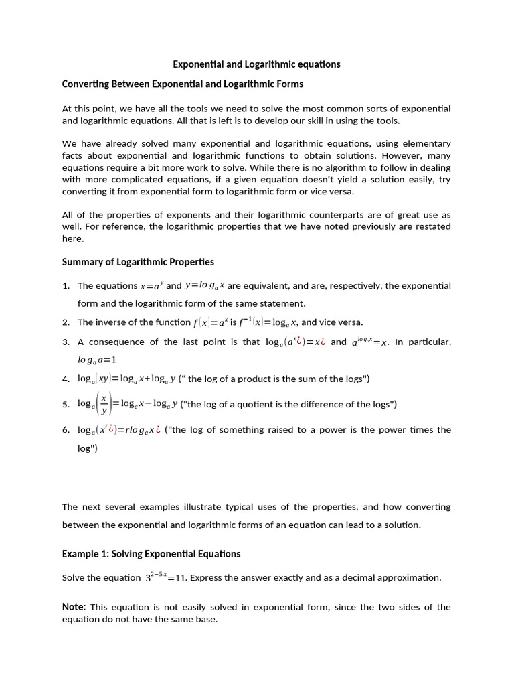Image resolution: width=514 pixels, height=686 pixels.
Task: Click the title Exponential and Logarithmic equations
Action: [x=256, y=64]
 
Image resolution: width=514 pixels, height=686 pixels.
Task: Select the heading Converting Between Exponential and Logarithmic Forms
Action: [x=182, y=84]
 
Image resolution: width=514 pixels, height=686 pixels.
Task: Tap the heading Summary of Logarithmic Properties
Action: [x=138, y=261]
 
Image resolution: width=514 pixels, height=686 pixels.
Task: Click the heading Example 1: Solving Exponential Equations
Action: [x=151, y=554]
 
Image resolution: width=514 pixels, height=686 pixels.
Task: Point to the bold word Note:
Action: [x=74, y=607]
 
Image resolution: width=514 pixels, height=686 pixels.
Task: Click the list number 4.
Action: [x=66, y=379]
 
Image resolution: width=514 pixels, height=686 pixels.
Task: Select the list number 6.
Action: [x=66, y=430]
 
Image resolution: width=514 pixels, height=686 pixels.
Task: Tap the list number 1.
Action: [x=66, y=286]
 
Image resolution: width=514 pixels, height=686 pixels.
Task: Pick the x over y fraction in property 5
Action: [x=103, y=404]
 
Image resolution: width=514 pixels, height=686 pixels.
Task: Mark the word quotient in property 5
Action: [x=261, y=404]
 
